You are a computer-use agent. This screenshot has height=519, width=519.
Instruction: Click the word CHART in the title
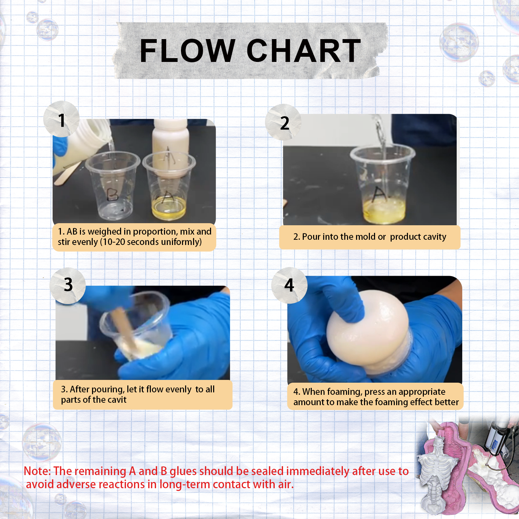tap(304, 51)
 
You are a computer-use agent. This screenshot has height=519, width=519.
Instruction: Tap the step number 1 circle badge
tap(62, 119)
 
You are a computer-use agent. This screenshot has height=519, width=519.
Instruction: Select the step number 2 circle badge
tap(284, 122)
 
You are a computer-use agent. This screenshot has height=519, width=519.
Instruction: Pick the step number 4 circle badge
tap(289, 285)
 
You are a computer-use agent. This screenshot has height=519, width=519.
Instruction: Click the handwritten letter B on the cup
tap(112, 194)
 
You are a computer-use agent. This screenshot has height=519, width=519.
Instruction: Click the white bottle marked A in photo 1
tap(170, 149)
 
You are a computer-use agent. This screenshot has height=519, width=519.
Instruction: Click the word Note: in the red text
tap(37, 471)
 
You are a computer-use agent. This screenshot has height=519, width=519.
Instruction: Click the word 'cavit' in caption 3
tap(118, 400)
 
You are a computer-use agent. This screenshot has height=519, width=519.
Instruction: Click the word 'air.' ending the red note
tap(286, 484)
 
